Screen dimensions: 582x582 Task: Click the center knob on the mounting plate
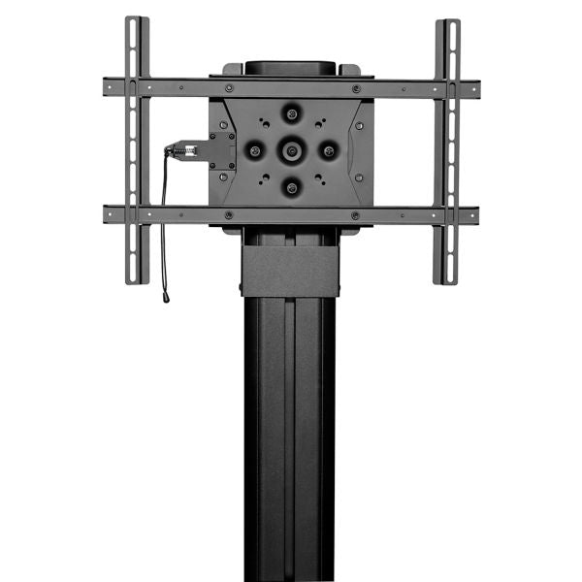coord(291,149)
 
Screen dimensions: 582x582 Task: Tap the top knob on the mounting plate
coord(291,113)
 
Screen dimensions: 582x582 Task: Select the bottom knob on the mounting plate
coord(291,185)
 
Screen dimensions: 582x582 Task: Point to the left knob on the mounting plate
coord(255,150)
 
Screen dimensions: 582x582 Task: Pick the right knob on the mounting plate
coord(327,150)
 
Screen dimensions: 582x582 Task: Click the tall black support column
coord(289,436)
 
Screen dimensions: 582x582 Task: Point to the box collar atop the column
coord(289,268)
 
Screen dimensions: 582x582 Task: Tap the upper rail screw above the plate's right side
coord(356,88)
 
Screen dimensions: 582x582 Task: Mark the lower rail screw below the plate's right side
coord(356,214)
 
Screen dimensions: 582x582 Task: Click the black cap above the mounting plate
coord(290,68)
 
